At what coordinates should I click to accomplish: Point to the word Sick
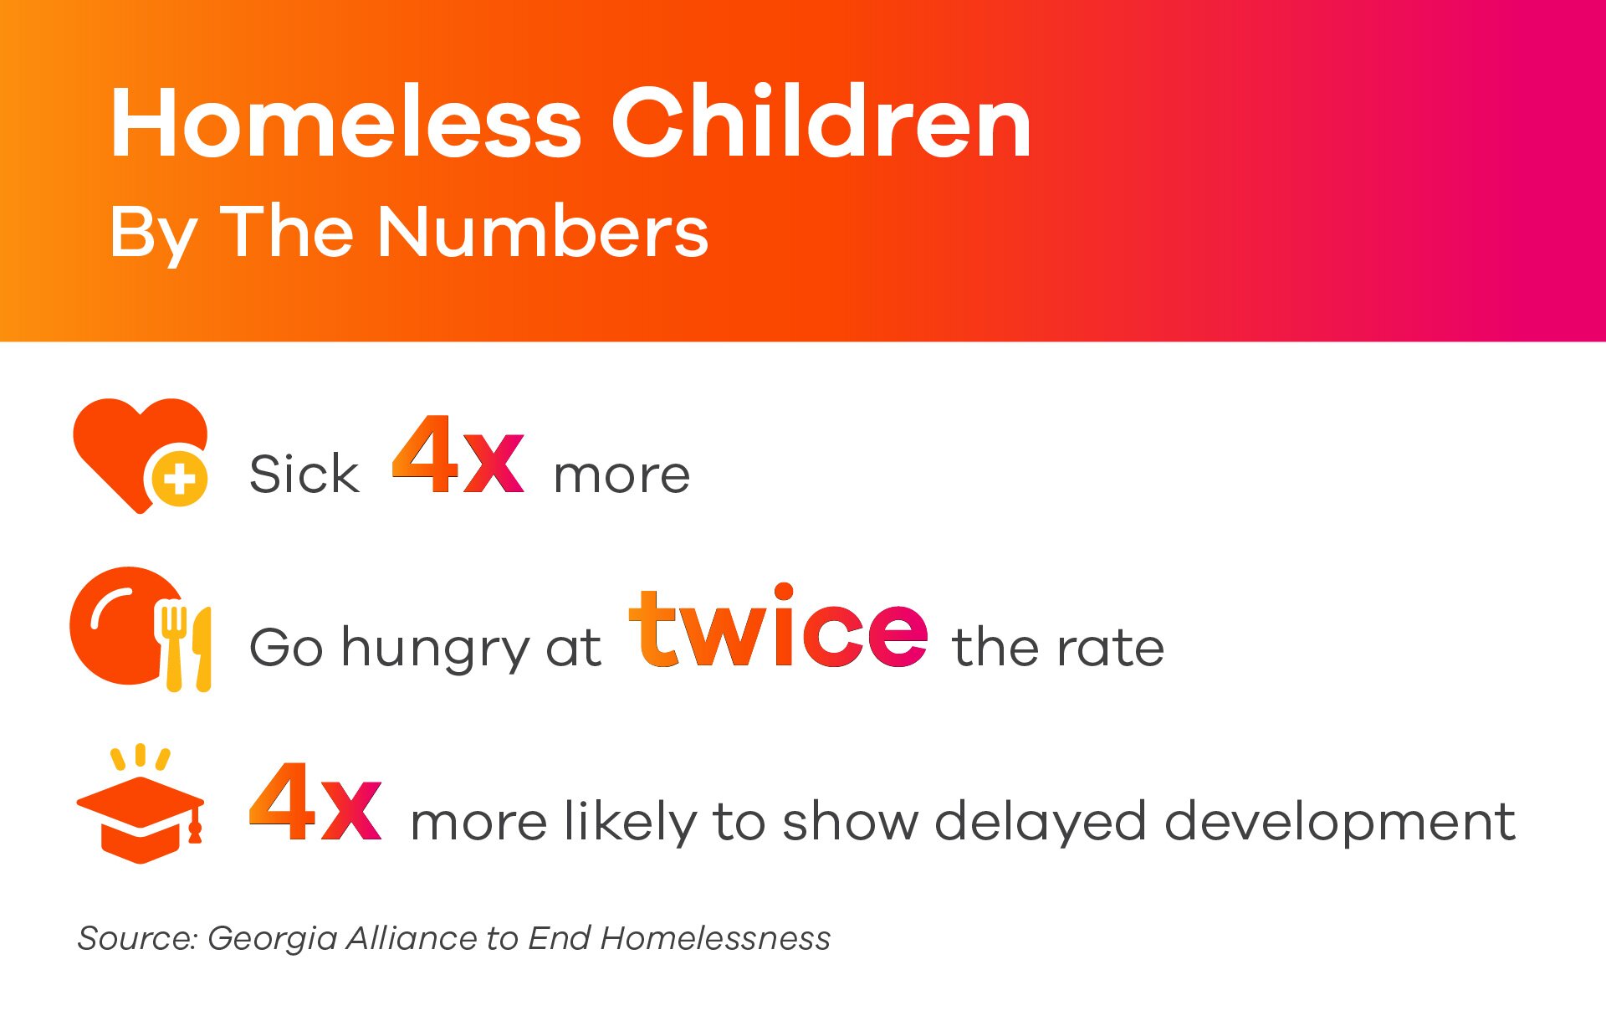click(x=304, y=474)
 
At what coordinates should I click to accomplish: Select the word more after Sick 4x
click(x=622, y=476)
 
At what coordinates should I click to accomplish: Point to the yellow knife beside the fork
click(x=202, y=649)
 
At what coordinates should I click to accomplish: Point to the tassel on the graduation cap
click(x=196, y=824)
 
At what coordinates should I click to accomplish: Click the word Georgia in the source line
click(x=272, y=939)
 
